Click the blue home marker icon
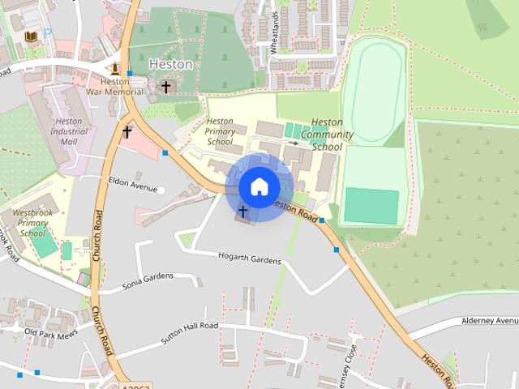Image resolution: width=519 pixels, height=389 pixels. point(259,186)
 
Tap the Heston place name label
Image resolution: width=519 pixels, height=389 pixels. point(171,63)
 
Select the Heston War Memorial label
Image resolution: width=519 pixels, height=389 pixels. point(116,86)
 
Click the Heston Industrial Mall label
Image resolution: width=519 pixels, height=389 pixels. point(69,131)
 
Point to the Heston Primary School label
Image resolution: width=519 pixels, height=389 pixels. point(220,130)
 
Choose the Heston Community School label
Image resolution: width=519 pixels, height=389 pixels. point(327,135)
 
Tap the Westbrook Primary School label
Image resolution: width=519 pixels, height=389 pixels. point(33,222)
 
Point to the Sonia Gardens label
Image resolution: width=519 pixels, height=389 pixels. point(148,281)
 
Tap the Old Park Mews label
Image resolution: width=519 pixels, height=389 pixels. point(51,333)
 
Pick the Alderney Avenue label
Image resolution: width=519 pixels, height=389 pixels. point(489,321)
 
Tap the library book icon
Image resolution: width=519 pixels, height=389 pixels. point(31,37)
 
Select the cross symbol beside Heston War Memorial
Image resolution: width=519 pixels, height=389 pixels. point(166,86)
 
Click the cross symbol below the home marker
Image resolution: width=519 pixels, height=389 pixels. point(242,211)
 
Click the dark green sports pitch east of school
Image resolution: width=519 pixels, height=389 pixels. point(371,206)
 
